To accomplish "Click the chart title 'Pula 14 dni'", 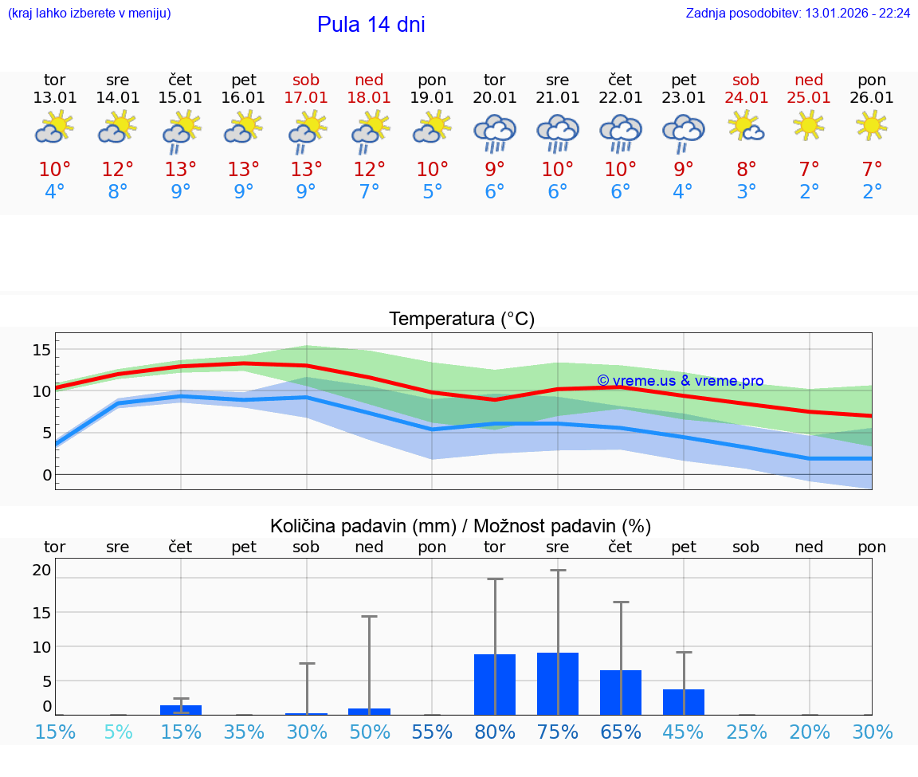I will tap(371, 25).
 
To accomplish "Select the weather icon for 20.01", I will tap(495, 132).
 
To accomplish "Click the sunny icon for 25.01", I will tap(809, 125).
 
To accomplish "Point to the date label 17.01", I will tap(306, 97).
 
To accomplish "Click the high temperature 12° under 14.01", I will tap(118, 169).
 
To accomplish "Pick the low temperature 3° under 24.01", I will tap(746, 192).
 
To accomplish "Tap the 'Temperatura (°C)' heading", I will tap(461, 320).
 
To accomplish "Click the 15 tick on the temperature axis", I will tap(41, 350).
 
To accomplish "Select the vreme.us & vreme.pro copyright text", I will tap(680, 381).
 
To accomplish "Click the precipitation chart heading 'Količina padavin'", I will tap(460, 526).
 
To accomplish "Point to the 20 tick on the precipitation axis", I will tap(41, 570).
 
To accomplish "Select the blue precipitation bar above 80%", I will tap(495, 685).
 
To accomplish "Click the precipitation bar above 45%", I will tap(684, 702).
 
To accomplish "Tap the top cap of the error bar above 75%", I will tap(558, 571).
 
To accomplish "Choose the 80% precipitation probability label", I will tap(495, 732).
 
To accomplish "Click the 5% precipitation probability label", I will tap(118, 732).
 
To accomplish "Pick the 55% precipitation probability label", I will tap(432, 732).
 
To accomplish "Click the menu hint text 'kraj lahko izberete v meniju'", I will tap(89, 13).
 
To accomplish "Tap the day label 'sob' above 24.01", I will tap(746, 80).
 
